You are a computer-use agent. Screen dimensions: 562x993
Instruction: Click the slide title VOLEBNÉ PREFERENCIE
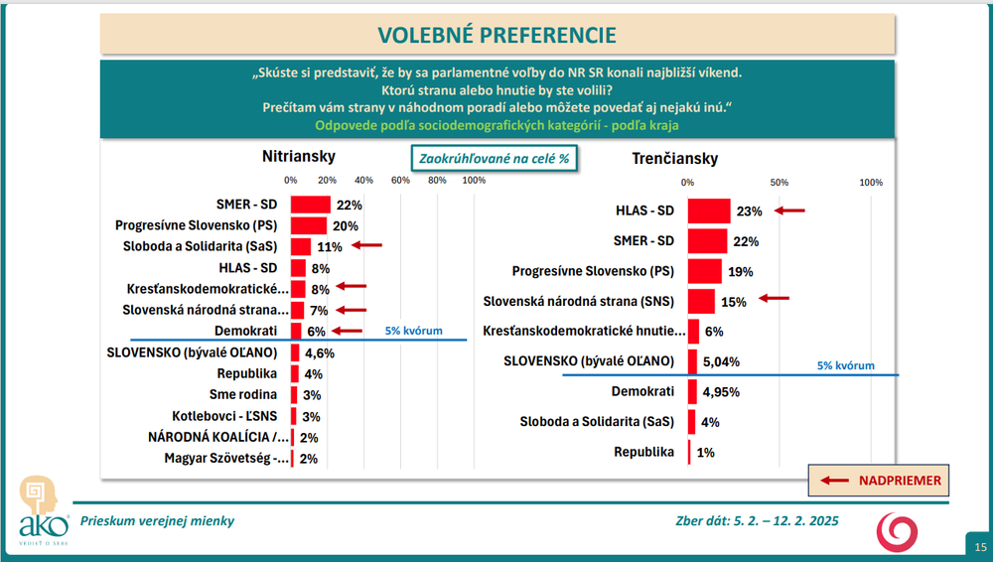[x=496, y=35]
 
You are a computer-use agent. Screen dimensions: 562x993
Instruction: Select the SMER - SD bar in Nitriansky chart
[x=310, y=204]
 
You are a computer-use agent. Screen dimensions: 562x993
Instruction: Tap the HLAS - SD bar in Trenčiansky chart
[x=708, y=211]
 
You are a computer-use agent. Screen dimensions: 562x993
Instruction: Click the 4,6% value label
[x=319, y=352]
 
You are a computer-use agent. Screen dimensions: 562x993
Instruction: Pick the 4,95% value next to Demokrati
[x=723, y=392]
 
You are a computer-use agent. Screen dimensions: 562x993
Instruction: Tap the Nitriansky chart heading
[x=299, y=156]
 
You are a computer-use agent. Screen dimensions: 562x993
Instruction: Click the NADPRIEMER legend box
[x=874, y=481]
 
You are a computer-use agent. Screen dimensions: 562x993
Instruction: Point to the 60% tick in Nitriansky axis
[x=400, y=180]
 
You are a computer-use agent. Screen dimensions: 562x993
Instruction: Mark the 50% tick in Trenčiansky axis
[x=780, y=183]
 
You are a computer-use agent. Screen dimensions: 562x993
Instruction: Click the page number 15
[x=980, y=547]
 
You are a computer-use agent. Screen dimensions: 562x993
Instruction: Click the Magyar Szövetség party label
[x=218, y=459]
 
